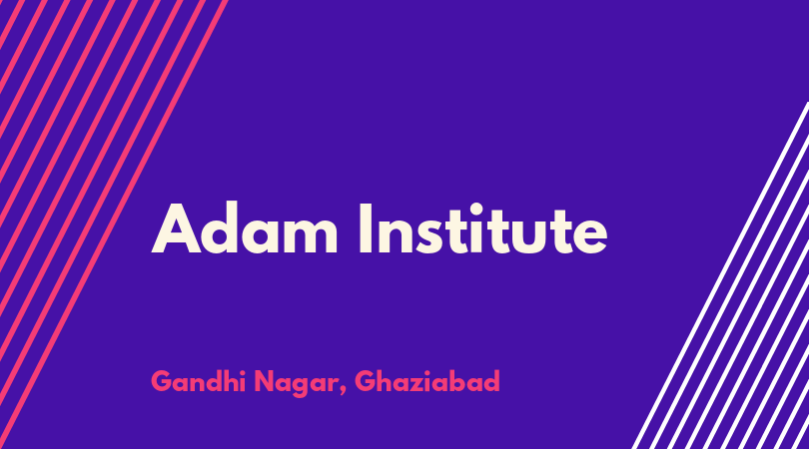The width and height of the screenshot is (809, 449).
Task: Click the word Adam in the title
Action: tap(245, 228)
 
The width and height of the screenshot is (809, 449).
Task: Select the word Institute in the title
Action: tap(483, 228)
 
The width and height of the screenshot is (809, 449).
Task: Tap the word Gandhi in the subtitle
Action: tap(198, 381)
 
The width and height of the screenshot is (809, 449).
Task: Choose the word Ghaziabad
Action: tap(427, 381)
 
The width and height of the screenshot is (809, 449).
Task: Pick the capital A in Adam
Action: tap(176, 228)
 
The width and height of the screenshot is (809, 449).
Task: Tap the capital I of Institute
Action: tap(366, 228)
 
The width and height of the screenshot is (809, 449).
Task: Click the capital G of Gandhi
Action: tap(161, 381)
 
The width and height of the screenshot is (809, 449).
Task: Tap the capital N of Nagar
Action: tap(265, 381)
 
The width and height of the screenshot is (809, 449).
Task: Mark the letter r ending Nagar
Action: tap(331, 385)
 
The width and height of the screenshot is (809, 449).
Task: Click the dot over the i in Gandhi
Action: tap(242, 372)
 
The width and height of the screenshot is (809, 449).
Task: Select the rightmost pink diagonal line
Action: tap(114, 224)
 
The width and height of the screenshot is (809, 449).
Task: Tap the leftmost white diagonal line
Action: tap(720, 275)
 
